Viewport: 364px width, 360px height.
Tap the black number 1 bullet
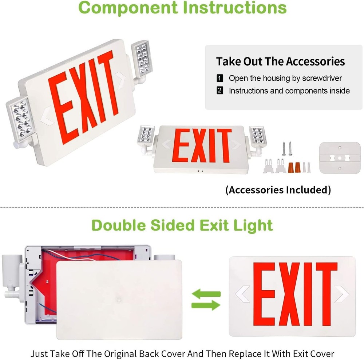click(220, 78)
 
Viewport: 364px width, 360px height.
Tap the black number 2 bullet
click(220, 91)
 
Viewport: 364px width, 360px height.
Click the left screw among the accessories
click(284, 148)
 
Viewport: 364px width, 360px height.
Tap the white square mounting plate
click(340, 157)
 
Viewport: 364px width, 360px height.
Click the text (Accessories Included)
click(278, 190)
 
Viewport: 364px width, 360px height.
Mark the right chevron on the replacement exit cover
click(342, 294)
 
